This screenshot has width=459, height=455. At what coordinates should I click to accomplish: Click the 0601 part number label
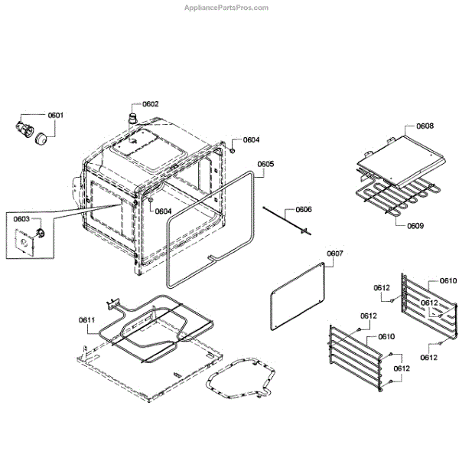tap(56, 116)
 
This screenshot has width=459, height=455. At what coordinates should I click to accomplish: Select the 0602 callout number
tap(150, 104)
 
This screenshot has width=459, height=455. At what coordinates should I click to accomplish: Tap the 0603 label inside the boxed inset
tap(21, 218)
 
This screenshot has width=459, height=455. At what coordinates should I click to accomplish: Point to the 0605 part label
tap(265, 164)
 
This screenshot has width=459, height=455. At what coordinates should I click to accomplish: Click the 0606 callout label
tap(304, 209)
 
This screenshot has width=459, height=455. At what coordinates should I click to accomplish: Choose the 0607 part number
tap(335, 254)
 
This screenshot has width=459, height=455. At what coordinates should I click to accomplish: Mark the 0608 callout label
tap(425, 126)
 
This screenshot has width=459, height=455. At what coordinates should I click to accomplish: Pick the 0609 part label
tap(415, 227)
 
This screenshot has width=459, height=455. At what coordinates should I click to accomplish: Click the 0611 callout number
tap(86, 319)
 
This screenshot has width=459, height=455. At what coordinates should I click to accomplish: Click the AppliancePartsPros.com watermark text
tap(228, 8)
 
